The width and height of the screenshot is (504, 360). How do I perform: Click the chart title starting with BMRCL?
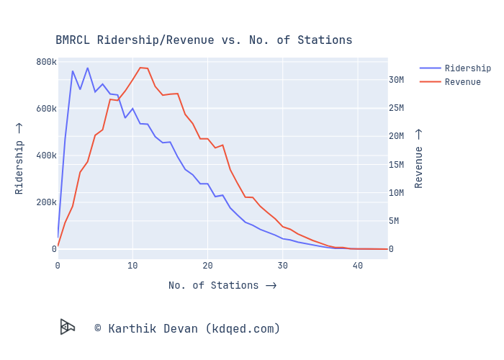204,40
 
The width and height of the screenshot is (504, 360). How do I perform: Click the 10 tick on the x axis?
132,266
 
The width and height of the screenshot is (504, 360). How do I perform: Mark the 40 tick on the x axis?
357,266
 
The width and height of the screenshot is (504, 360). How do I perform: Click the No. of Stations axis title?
222,286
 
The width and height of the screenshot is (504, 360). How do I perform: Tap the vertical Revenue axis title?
419,158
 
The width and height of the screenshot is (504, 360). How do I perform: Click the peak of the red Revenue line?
140,68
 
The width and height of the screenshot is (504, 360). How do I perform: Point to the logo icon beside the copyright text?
68,327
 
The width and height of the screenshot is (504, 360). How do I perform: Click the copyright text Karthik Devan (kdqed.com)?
187,329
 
